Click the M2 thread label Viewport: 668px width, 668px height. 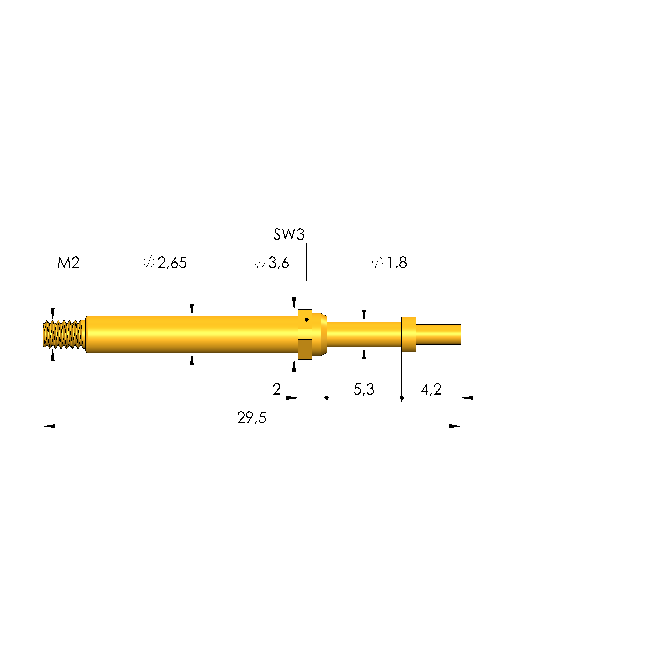click(69, 263)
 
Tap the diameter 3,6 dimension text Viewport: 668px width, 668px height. click(271, 263)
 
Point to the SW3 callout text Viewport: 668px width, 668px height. click(289, 234)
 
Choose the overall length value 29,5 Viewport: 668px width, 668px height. click(252, 418)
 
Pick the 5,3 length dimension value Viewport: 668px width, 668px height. click(364, 389)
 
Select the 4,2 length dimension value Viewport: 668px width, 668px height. click(431, 389)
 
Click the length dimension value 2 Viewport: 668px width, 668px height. click(277, 389)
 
